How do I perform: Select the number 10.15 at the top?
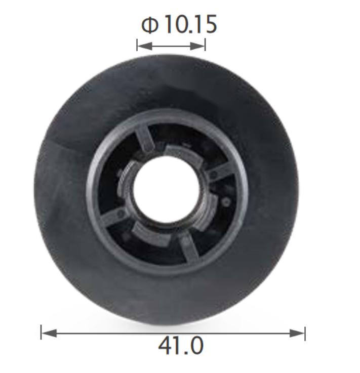pos(190,24)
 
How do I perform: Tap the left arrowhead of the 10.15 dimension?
pos(145,46)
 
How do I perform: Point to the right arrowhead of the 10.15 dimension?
pos(197,46)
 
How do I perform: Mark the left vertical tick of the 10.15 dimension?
pos(137,45)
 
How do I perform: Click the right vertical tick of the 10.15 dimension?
pos(205,45)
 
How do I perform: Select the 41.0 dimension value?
pos(181,346)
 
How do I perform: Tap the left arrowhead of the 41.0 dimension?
pos(49,333)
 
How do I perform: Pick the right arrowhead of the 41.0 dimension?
pos(297,333)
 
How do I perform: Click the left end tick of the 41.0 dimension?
pos(41,333)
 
